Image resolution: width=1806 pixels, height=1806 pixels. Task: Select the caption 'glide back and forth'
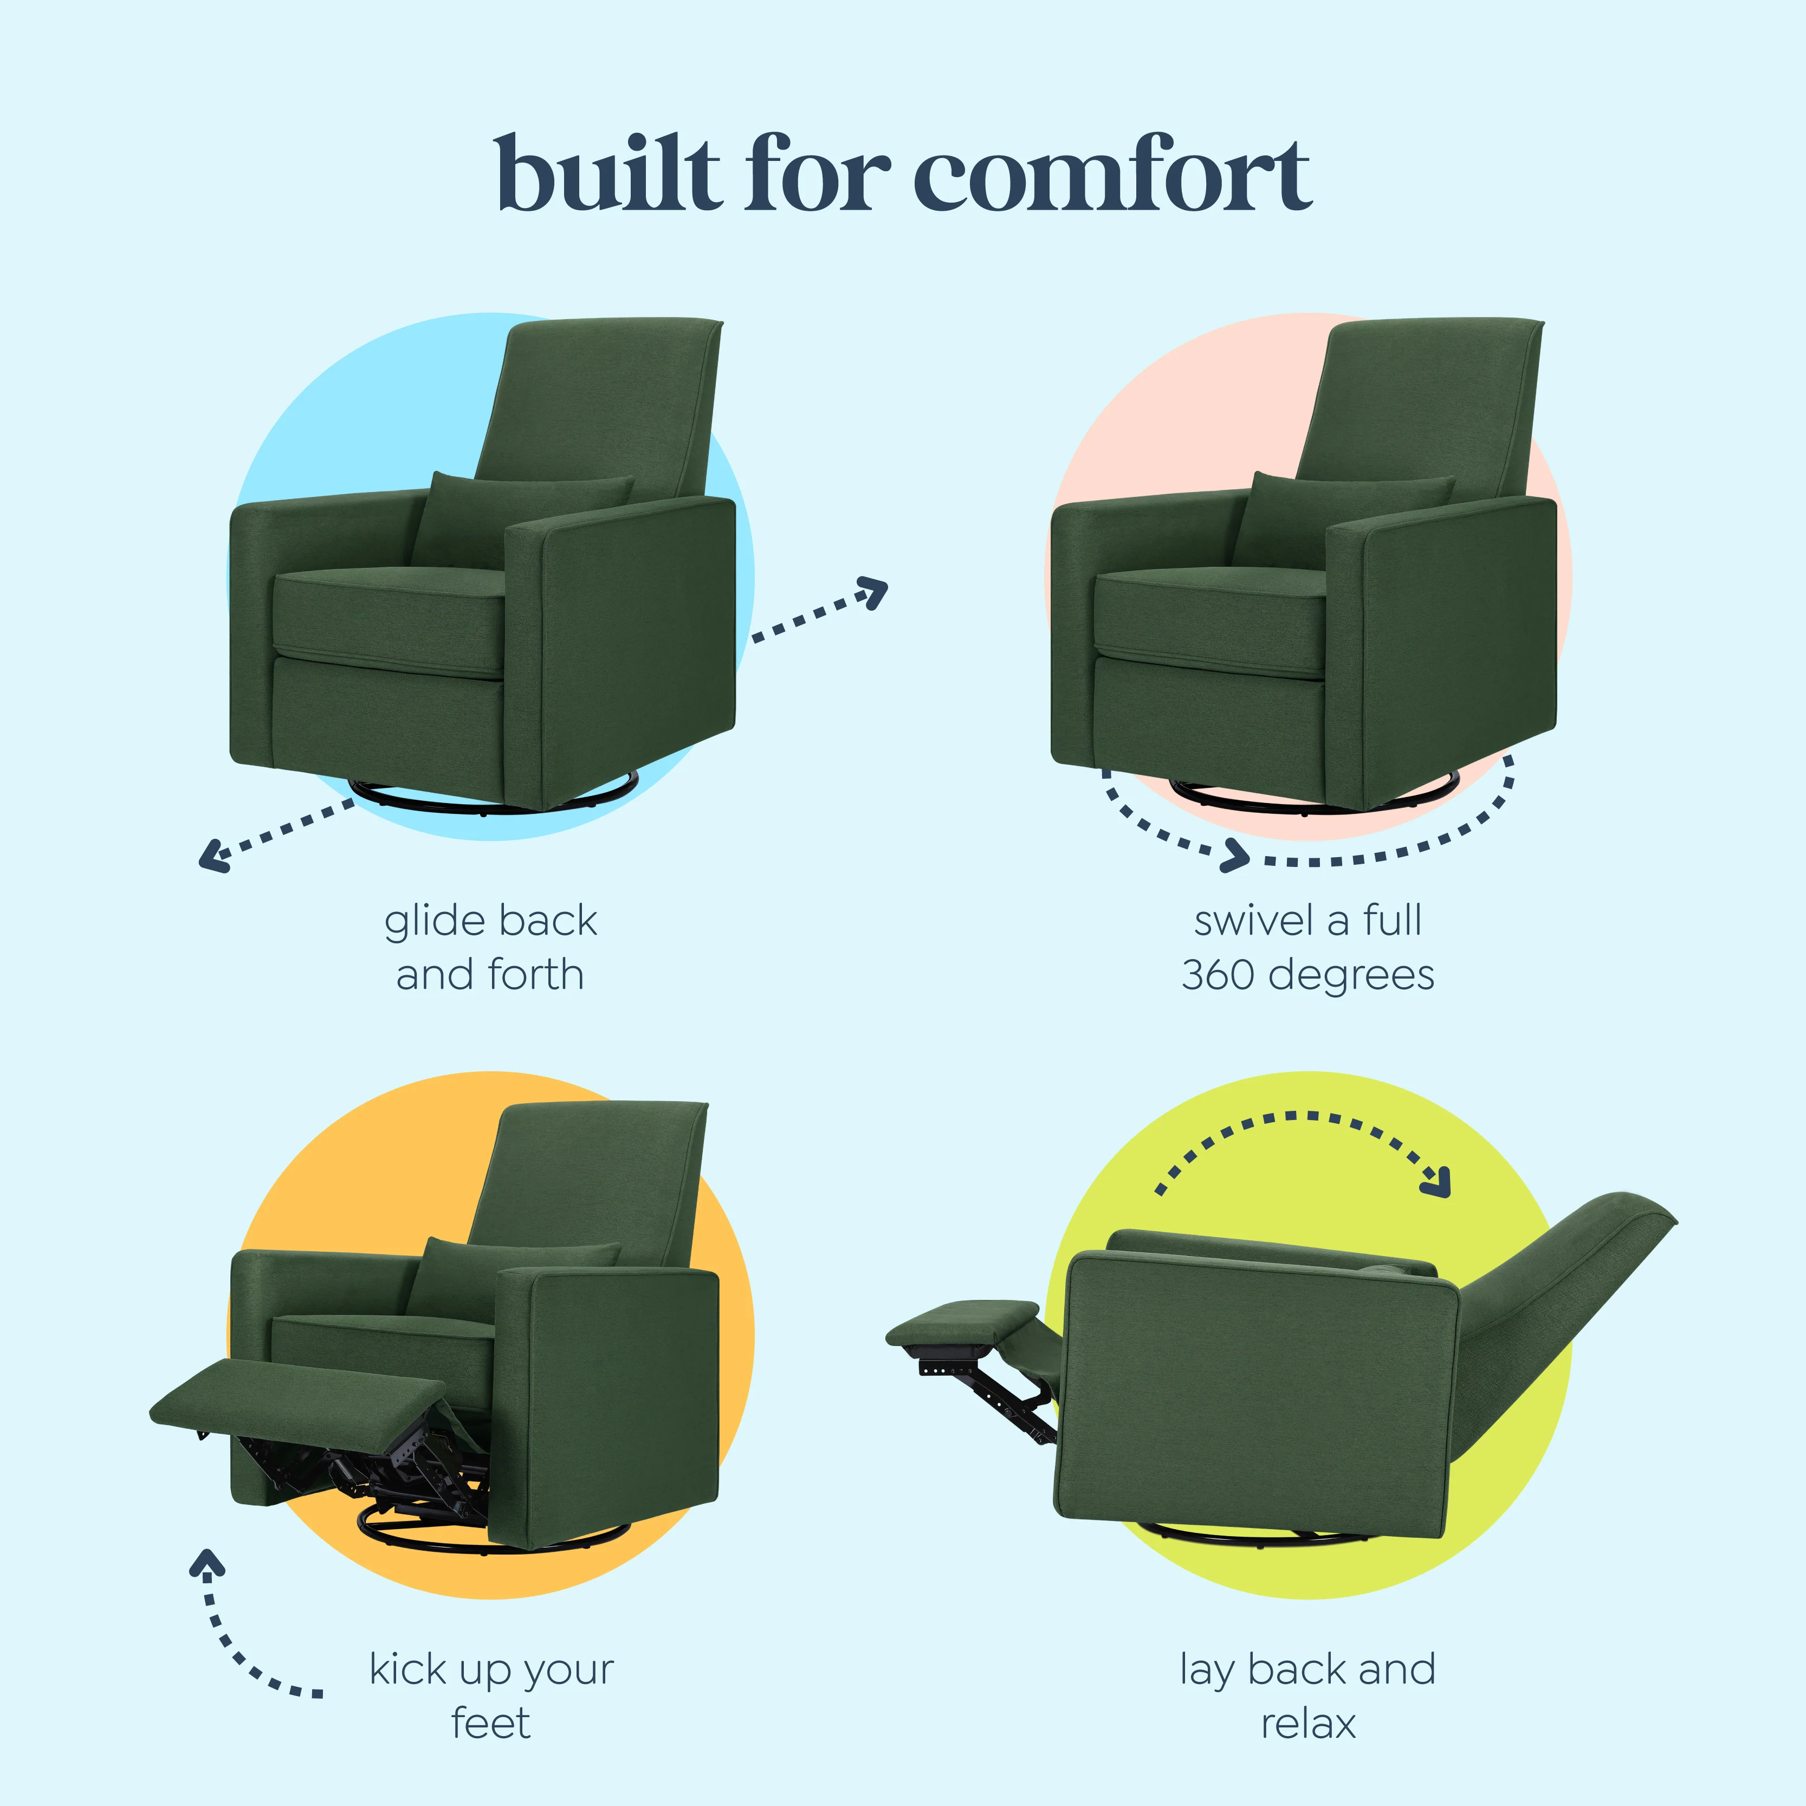(x=491, y=947)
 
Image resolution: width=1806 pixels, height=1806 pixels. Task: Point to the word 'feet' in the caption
(x=491, y=1723)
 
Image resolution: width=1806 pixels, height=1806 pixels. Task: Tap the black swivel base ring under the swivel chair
(x=1313, y=797)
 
